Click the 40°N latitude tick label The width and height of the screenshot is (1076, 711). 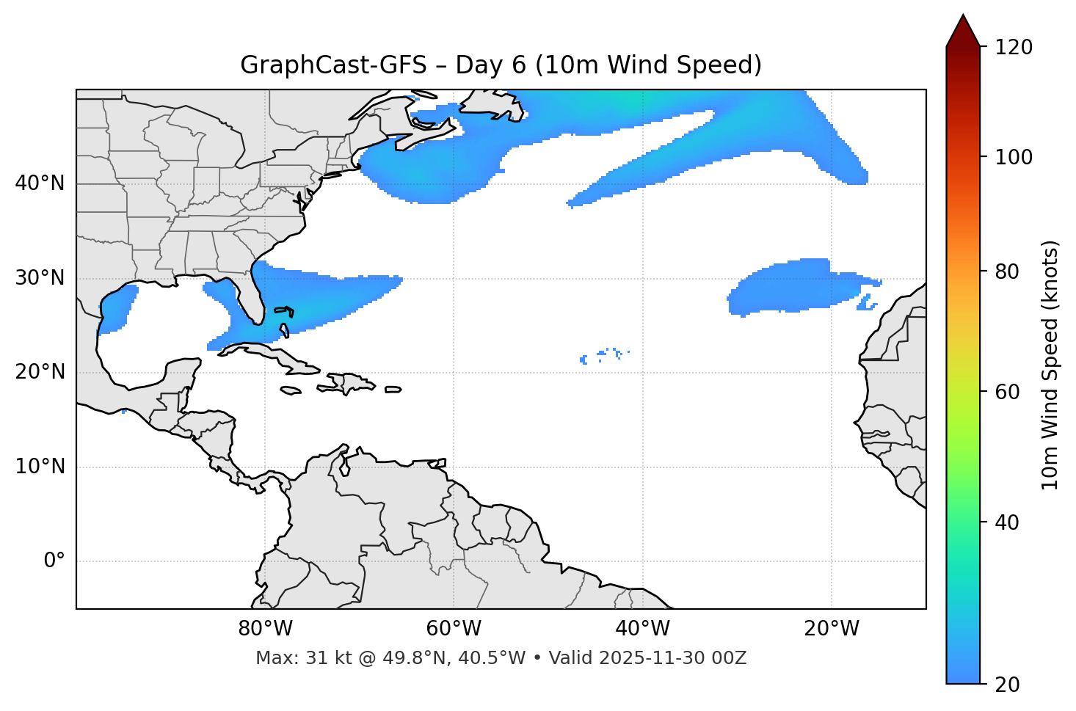click(40, 183)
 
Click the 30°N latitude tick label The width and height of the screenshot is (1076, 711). click(40, 278)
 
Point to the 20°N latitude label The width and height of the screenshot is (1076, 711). click(40, 372)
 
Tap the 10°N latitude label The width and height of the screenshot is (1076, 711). click(40, 467)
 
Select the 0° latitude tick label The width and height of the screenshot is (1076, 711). click(54, 561)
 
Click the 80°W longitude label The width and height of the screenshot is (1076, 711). click(265, 629)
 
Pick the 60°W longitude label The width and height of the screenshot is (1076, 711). click(454, 629)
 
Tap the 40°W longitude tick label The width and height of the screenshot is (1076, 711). click(642, 629)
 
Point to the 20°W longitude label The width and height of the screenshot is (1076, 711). click(832, 629)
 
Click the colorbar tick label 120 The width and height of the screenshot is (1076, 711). click(1013, 47)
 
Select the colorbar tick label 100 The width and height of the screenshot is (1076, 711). click(1013, 157)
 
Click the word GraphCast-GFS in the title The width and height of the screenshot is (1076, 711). click(333, 65)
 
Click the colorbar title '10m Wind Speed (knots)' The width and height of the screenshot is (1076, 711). click(1050, 365)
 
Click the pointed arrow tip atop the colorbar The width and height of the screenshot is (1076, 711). click(963, 18)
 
